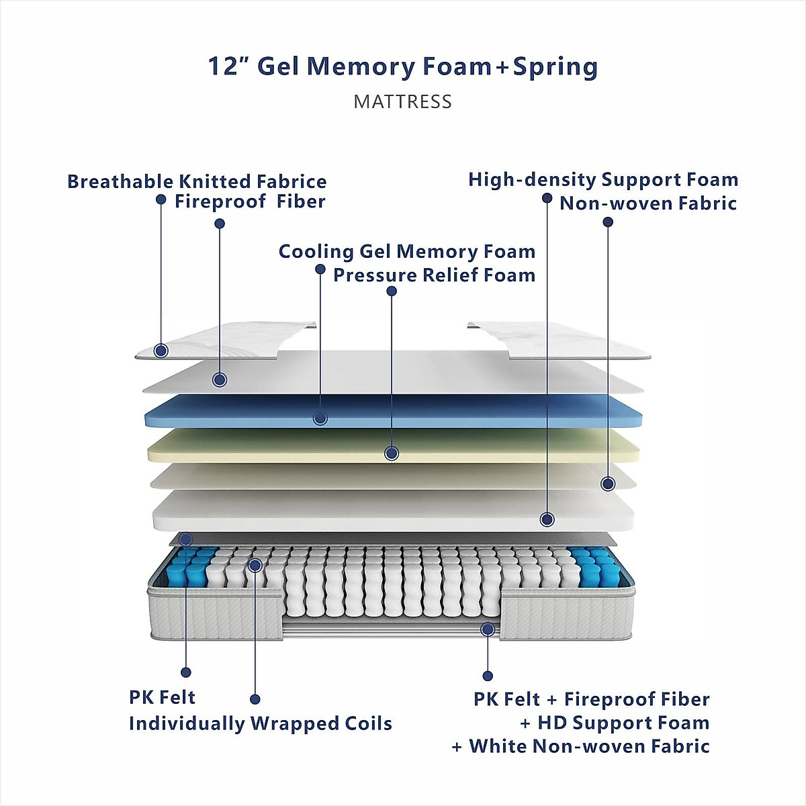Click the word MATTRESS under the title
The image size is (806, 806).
coord(402,102)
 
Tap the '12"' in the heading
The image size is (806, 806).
coord(228,66)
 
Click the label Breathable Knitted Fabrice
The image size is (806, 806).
coord(197,181)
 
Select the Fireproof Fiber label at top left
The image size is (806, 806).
coord(250,201)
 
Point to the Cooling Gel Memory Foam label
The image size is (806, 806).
coord(407,251)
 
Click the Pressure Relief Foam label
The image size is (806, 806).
coord(434,275)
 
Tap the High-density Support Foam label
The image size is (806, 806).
coord(603,179)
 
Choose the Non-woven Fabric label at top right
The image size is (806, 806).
coord(648,203)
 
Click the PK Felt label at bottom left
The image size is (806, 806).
coord(162,697)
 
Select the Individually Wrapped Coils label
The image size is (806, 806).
coord(260,723)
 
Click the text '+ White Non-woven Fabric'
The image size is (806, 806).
coord(580,746)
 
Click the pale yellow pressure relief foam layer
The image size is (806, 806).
coord(470,445)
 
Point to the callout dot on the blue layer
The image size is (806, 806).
coord(320,418)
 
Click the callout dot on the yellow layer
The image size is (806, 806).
coord(392,453)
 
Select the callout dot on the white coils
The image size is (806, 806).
coord(255,565)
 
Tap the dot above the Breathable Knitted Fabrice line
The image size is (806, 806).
coord(161,199)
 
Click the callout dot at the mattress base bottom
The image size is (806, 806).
coord(488,629)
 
